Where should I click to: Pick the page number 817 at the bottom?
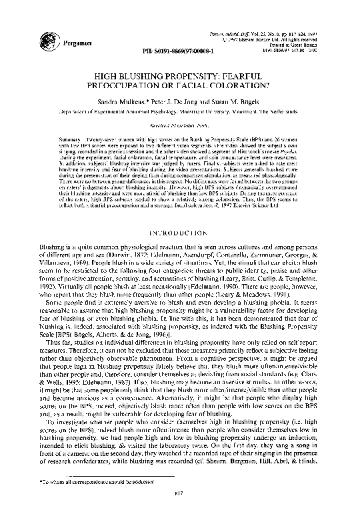180,511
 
